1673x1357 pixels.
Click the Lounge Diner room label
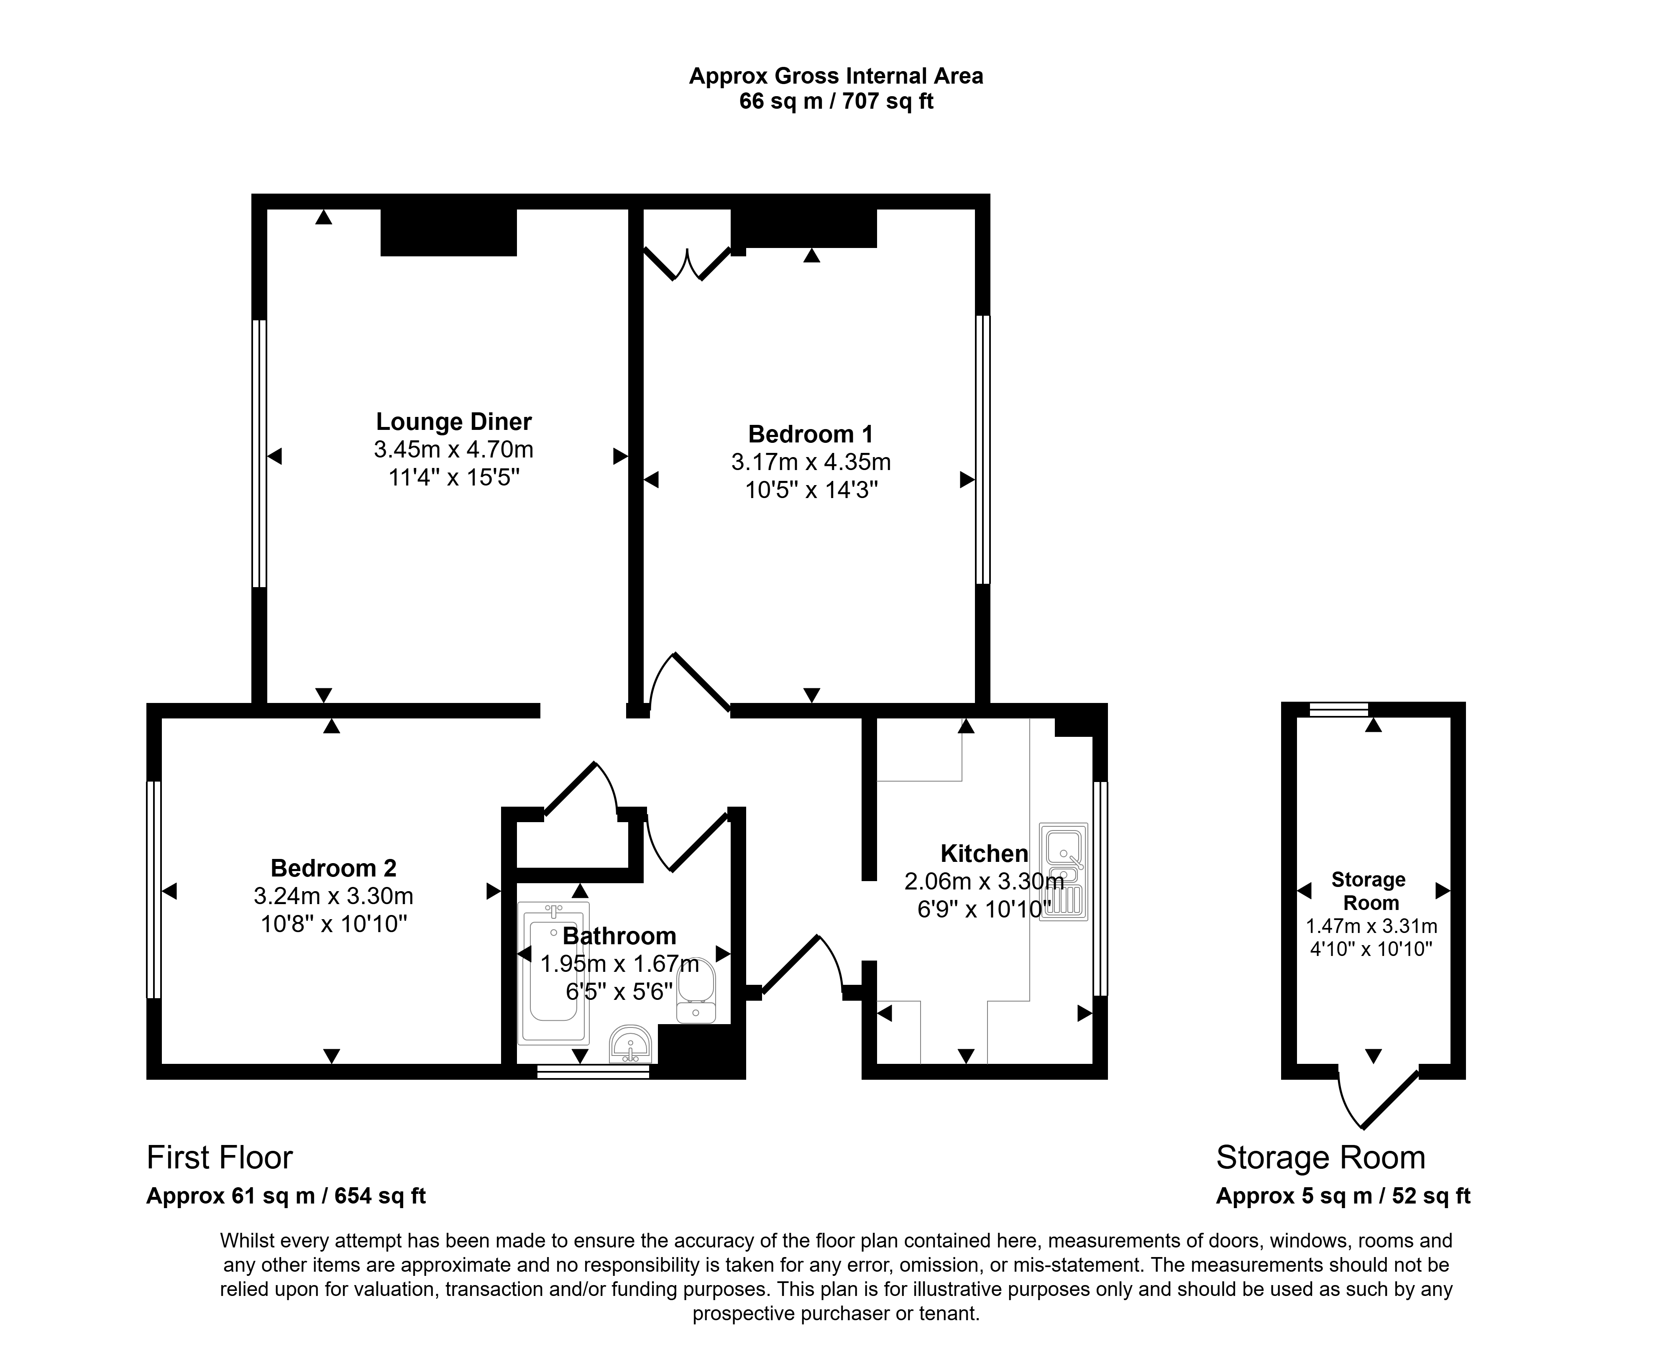[453, 422]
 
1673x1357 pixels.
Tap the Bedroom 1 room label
[811, 434]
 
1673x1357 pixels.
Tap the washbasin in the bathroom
[630, 1044]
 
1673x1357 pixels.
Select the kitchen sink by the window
[1063, 871]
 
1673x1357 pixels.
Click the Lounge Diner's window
[259, 453]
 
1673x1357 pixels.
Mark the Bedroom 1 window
[983, 450]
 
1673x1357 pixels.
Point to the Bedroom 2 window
[154, 889]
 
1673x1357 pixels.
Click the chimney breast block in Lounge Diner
[449, 232]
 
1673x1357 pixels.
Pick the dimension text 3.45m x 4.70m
[453, 450]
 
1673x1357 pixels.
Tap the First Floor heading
[220, 1158]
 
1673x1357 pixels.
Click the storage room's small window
[1339, 710]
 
